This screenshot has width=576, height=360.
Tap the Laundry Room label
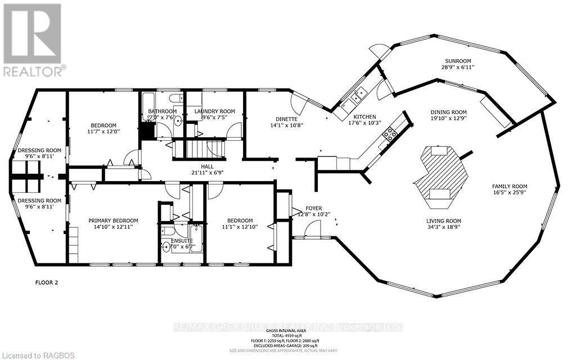[214, 111]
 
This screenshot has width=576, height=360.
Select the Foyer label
[313, 208]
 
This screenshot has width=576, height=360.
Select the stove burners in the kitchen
[389, 133]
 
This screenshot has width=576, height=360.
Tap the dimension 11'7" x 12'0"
[103, 132]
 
